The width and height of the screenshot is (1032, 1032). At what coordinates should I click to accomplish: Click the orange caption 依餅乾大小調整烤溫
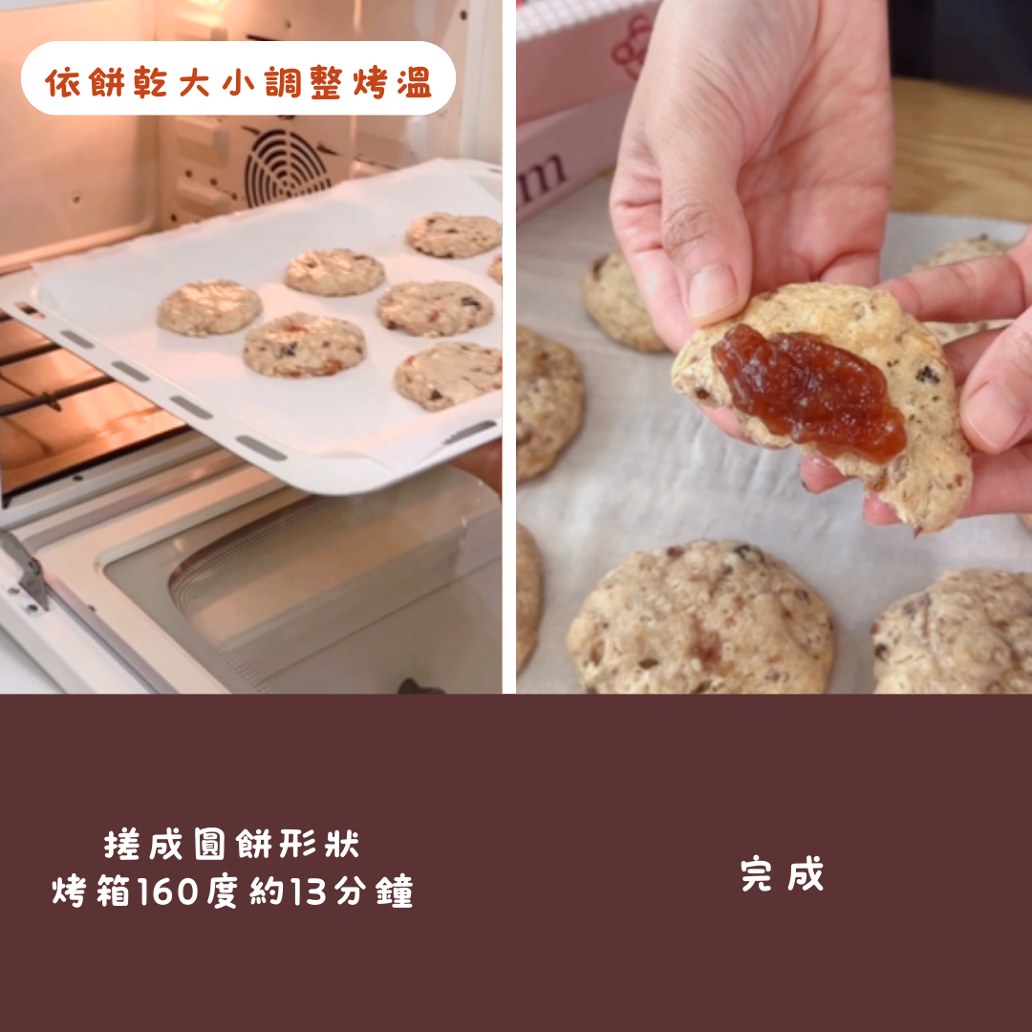point(238,83)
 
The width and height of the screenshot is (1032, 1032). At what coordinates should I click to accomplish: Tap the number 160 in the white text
point(167,892)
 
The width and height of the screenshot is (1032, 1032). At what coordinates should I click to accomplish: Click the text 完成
point(782,874)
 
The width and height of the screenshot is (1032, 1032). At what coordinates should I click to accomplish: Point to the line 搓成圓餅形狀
point(231,844)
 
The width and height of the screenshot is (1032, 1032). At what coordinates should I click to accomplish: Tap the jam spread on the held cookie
point(809,391)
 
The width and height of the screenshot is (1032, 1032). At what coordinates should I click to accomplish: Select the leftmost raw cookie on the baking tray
point(209,308)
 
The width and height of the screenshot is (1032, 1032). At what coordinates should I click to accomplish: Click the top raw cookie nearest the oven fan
point(454,235)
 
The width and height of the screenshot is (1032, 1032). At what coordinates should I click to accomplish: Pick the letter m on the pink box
point(542,178)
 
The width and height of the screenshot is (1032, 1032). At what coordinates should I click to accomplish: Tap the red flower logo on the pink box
point(633,46)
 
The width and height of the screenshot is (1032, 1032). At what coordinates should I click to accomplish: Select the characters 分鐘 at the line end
point(374,892)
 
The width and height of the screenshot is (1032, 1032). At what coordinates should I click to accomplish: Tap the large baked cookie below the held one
point(701,616)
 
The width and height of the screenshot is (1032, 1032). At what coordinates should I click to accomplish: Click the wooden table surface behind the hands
point(961,148)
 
